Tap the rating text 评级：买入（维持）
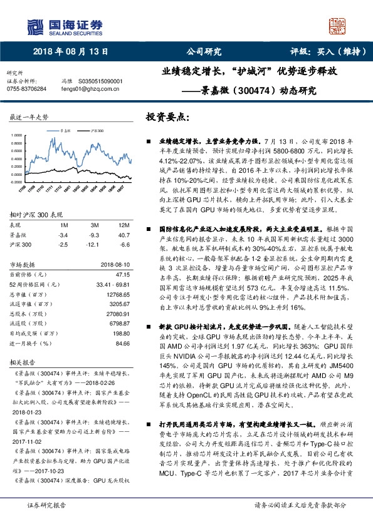point(323,53)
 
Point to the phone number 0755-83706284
point(29,90)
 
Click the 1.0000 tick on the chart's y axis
point(19,135)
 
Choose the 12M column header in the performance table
point(122,224)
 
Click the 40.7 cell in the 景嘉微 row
point(123,234)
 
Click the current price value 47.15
point(122,274)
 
